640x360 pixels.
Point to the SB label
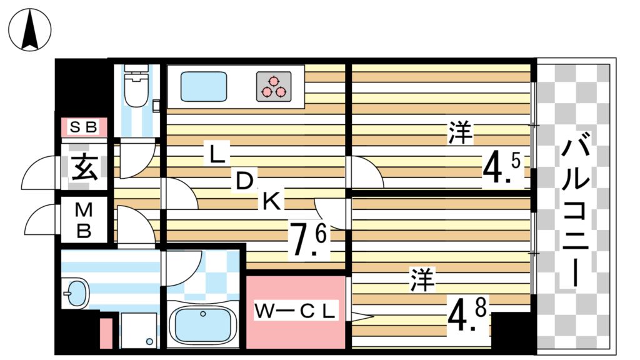[x=83, y=127]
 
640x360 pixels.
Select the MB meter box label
[x=84, y=220]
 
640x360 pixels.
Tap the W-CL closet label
[x=296, y=310]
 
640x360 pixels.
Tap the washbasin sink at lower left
[x=76, y=293]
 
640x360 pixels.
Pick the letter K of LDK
[x=271, y=201]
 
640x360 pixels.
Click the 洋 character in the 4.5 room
[x=461, y=134]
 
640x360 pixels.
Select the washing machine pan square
[x=139, y=330]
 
